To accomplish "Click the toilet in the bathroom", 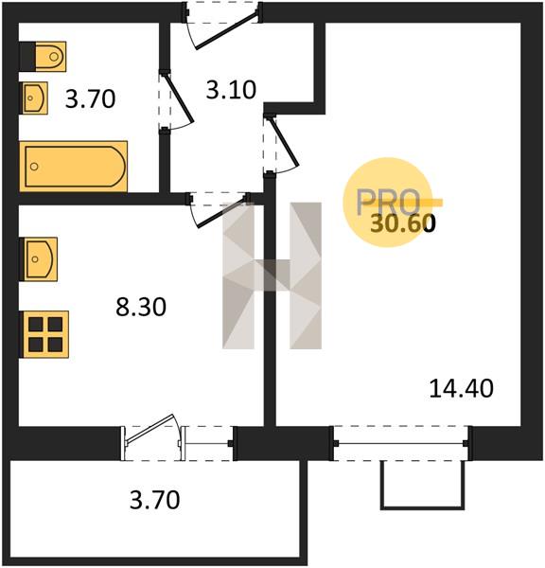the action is pyautogui.click(x=50, y=57).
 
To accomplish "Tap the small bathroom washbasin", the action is pyautogui.click(x=35, y=98).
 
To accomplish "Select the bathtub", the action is pyautogui.click(x=74, y=167).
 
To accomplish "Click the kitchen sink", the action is pyautogui.click(x=40, y=259).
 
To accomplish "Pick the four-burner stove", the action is pyautogui.click(x=45, y=334).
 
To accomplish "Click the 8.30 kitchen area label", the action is pyautogui.click(x=141, y=307).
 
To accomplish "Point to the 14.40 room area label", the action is pyautogui.click(x=461, y=388).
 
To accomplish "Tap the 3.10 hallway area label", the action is pyautogui.click(x=231, y=90).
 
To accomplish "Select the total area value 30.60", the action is pyautogui.click(x=403, y=223).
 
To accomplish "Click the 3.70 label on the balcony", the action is pyautogui.click(x=154, y=500).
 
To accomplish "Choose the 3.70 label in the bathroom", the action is pyautogui.click(x=90, y=98).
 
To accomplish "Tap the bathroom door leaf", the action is pyautogui.click(x=179, y=98).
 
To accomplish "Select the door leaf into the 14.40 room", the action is pyautogui.click(x=284, y=142).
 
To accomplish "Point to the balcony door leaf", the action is pyautogui.click(x=149, y=428).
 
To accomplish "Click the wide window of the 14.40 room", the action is pyautogui.click(x=401, y=443).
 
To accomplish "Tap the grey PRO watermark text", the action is pyautogui.click(x=388, y=203).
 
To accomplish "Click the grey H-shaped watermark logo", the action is pyautogui.click(x=272, y=275).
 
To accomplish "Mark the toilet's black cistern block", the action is pyautogui.click(x=27, y=57).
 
